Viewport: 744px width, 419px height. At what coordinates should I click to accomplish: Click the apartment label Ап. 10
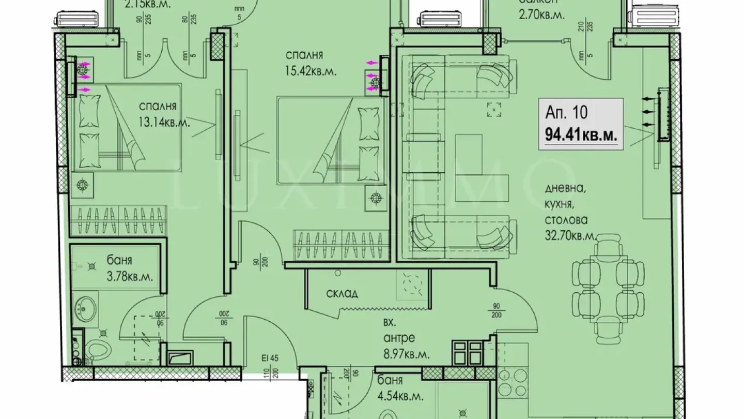coord(566,112)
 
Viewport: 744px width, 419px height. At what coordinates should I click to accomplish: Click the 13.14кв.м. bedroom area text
coord(164,123)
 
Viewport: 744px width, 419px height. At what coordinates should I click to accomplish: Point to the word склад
coord(342,294)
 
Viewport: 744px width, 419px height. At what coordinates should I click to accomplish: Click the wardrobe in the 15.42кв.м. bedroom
coord(341,245)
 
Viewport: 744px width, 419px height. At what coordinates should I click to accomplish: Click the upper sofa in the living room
coord(463,77)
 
